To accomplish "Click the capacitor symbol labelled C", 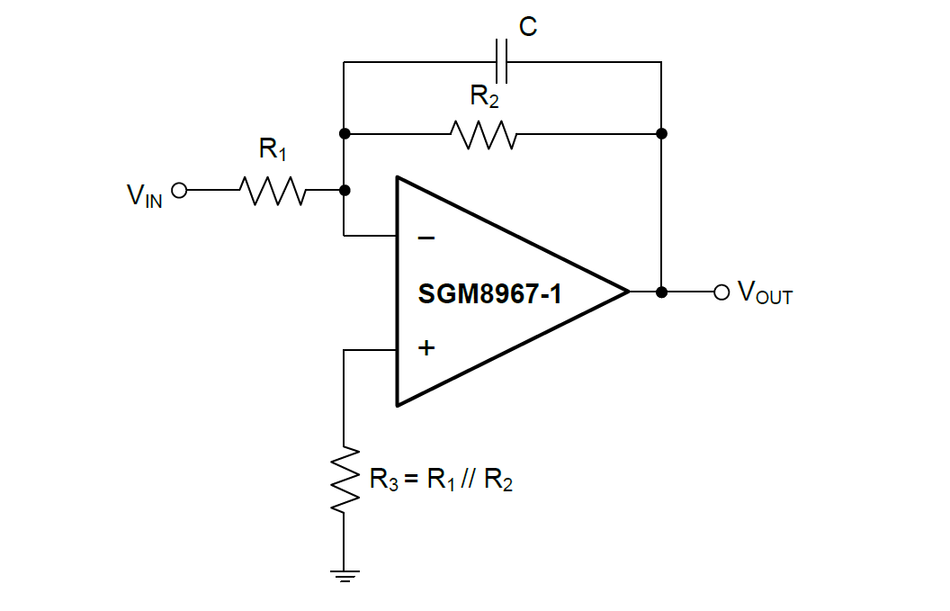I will coord(502,62).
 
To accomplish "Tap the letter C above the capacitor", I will coord(528,28).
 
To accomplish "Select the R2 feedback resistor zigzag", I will coord(484,134).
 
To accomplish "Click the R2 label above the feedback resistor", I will coord(484,96).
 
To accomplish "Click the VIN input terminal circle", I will coord(178,191).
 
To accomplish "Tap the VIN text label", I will coord(145,194).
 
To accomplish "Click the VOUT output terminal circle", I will coord(720,292).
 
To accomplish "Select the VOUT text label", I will coord(765,292).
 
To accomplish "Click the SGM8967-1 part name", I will coord(489,293).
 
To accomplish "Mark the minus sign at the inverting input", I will coord(426,238).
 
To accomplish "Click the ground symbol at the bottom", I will coord(345,574).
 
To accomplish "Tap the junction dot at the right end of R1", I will coord(345,191).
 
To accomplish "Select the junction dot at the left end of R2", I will coord(345,134).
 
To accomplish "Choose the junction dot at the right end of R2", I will coord(661,134).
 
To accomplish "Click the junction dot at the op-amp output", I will coord(661,292).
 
